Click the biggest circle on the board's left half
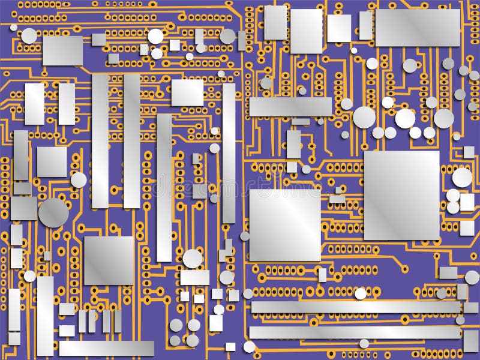(x=53, y=212)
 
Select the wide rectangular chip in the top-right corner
(x=418, y=28)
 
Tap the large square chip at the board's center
(x=285, y=225)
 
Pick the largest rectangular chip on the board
(x=401, y=195)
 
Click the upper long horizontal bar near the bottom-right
(x=355, y=307)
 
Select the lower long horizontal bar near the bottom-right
(x=355, y=332)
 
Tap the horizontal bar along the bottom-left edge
(x=106, y=348)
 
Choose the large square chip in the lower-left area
(x=109, y=260)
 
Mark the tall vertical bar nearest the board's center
(x=229, y=153)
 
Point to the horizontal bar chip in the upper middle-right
(x=290, y=107)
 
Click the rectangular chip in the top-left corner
(x=62, y=50)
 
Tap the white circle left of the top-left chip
(x=29, y=36)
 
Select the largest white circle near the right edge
(x=462, y=177)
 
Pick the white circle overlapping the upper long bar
(x=360, y=293)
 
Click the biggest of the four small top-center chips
(x=306, y=31)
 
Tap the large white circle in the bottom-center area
(x=193, y=259)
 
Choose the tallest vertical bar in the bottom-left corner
(x=45, y=316)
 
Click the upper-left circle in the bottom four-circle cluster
(x=176, y=325)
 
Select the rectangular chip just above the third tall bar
(x=187, y=92)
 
